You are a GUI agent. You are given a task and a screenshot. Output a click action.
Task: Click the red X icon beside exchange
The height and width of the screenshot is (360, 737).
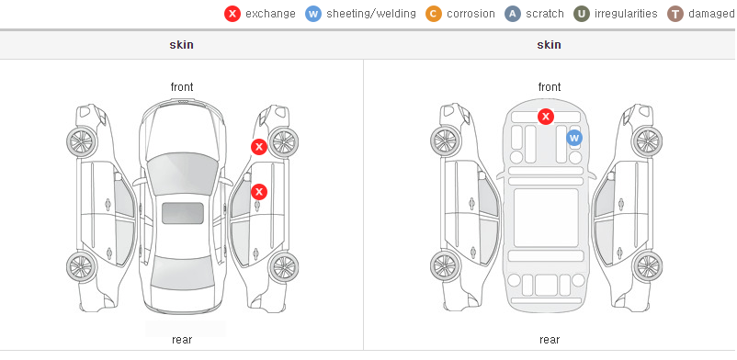tap(232, 14)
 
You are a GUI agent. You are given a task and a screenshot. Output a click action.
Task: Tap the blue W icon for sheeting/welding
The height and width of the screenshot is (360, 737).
tap(313, 14)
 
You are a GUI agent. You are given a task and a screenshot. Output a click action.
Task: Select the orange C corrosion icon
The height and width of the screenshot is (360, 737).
tap(434, 14)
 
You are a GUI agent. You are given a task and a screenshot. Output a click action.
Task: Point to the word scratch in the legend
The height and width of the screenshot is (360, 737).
tap(545, 14)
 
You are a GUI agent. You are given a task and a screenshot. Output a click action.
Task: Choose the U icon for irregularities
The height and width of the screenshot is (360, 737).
tap(582, 14)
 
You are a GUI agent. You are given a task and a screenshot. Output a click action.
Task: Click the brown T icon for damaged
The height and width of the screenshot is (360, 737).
tap(675, 14)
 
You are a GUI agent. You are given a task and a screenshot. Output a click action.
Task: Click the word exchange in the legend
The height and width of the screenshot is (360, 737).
tap(270, 14)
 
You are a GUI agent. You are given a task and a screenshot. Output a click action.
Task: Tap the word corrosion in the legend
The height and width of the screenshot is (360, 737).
tap(471, 14)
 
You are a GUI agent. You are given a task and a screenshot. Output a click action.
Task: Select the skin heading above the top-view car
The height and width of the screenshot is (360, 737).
tap(181, 45)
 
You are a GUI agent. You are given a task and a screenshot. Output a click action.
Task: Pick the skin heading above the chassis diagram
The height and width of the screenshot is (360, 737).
tap(549, 45)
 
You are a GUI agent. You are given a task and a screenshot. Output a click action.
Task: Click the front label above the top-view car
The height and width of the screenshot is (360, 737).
tap(182, 87)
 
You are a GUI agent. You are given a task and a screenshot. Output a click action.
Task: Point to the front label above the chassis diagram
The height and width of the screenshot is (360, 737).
tap(550, 87)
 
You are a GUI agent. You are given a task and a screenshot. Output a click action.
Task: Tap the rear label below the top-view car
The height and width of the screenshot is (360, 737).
tap(182, 340)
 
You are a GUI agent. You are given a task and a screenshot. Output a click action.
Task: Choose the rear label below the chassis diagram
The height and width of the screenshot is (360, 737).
tap(550, 340)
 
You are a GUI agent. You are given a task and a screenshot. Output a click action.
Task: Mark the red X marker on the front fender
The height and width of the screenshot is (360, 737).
tap(259, 147)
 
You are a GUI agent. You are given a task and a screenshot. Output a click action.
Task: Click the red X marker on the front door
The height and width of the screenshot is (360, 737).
tap(259, 192)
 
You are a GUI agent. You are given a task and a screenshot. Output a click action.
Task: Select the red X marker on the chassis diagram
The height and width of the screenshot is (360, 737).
tap(546, 116)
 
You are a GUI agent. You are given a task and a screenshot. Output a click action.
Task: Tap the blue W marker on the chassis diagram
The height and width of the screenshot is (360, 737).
tap(574, 138)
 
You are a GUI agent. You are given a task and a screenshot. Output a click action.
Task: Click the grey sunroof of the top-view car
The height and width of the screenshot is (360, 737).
tap(183, 213)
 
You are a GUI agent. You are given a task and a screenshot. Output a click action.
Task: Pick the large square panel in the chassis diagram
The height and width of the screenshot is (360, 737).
tap(546, 218)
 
